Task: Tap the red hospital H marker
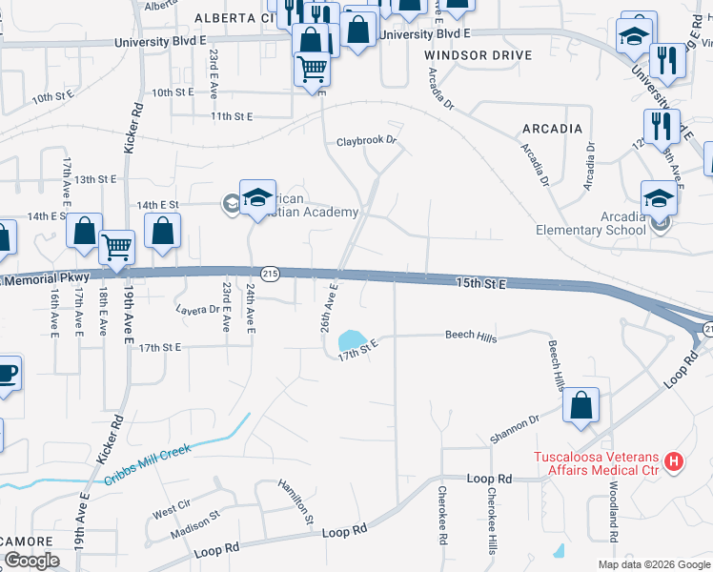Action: [x=675, y=462]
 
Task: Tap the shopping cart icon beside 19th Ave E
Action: [x=116, y=247]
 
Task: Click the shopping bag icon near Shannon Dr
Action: [x=581, y=405]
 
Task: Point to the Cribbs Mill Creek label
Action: [x=147, y=460]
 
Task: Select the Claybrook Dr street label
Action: [x=365, y=140]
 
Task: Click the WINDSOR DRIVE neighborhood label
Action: [x=464, y=55]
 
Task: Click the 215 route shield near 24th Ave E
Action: [x=270, y=273]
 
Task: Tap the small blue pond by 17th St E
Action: [x=351, y=339]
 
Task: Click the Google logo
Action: [x=31, y=561]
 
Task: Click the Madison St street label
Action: [x=195, y=526]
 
